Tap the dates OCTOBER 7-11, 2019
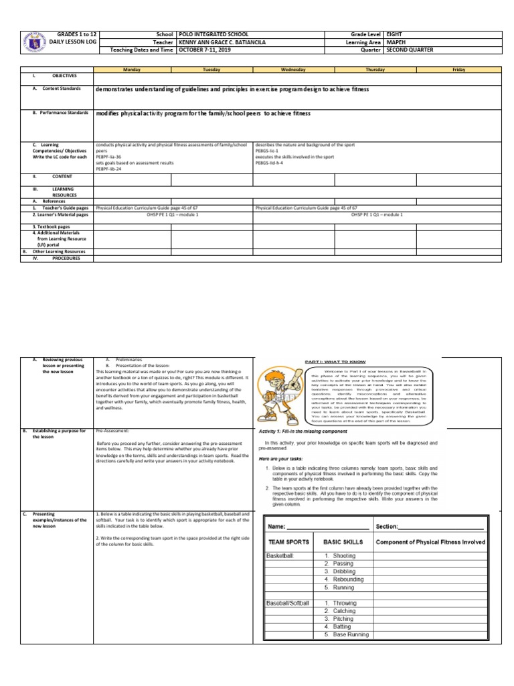click(x=204, y=50)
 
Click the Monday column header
click(x=132, y=70)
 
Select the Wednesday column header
click(x=294, y=70)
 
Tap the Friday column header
click(x=458, y=70)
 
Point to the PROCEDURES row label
click(x=66, y=258)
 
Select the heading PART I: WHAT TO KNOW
click(x=323, y=361)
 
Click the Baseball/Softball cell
click(x=288, y=604)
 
